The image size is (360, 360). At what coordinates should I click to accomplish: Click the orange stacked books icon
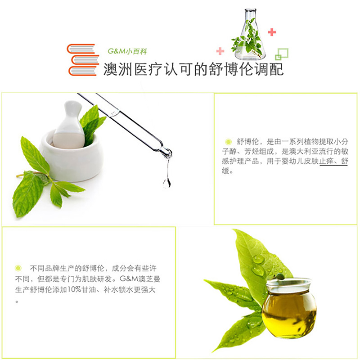83,60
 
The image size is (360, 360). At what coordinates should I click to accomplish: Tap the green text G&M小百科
127,51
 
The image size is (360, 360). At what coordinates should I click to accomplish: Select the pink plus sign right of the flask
272,32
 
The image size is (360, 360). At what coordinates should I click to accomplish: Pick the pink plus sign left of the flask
220,51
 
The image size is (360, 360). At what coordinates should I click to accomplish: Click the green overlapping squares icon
282,54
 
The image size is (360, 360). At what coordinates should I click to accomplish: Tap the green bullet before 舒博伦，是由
228,142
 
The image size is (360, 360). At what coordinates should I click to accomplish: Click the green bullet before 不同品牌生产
18,268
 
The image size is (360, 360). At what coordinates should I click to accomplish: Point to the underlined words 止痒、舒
333,161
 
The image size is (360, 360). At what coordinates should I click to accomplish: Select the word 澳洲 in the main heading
118,69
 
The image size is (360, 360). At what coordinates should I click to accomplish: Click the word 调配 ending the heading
269,69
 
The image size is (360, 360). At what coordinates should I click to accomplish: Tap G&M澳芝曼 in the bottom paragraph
140,279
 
